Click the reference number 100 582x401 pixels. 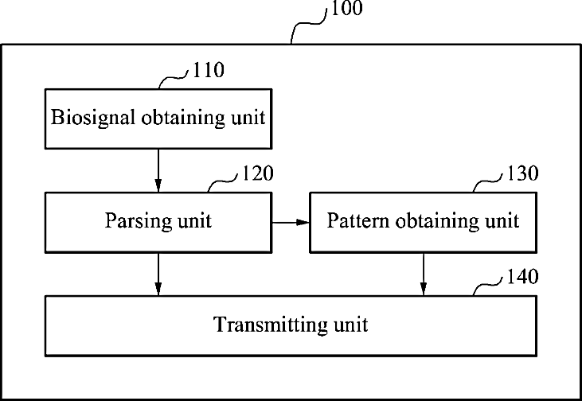pos(345,10)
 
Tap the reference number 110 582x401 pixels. pos(208,70)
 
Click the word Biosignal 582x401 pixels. pos(93,119)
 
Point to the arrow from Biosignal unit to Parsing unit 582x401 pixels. pos(158,170)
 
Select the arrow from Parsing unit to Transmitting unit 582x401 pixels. pos(158,274)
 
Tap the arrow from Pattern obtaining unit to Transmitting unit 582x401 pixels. pos(423,274)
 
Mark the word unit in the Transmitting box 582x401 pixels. pos(350,325)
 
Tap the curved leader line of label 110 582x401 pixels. pos(174,78)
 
